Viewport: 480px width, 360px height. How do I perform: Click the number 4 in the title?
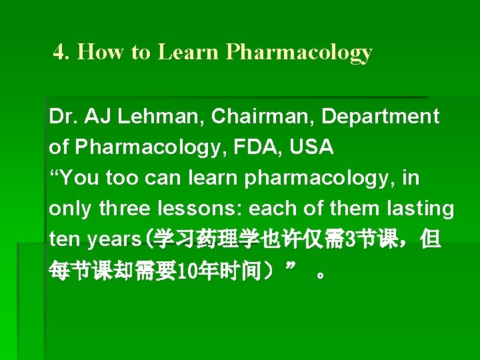coord(59,53)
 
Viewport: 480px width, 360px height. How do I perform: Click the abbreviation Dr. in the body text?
coord(61,117)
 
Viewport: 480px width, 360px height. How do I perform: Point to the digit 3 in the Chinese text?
coord(343,239)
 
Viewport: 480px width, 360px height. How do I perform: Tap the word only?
coord(71,209)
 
